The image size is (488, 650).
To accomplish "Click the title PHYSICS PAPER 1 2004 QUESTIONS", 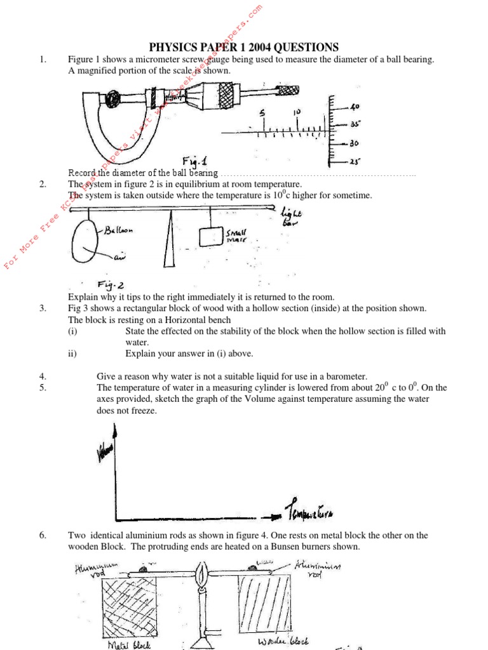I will click(243, 48).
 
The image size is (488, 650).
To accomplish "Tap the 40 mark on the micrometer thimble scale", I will click(355, 106).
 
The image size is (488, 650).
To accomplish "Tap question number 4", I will click(43, 376).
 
